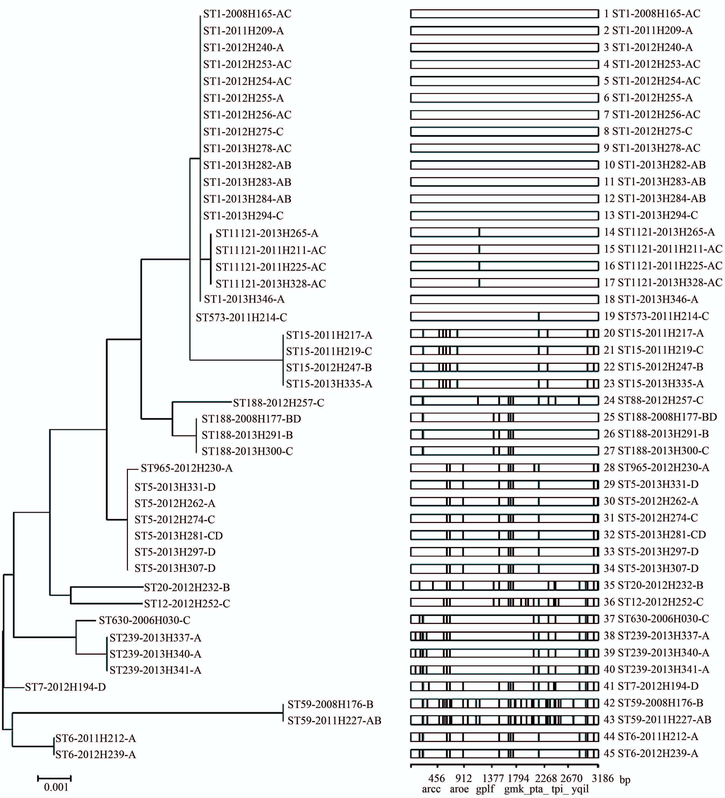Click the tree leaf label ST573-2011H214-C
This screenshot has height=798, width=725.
click(241, 317)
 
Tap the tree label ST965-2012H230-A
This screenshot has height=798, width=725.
click(187, 468)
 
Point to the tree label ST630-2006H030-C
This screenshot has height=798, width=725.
click(145, 620)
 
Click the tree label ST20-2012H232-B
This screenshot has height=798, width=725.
click(187, 587)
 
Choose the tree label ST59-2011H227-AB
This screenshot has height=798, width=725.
click(334, 721)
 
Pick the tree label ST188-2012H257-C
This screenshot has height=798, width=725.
click(278, 403)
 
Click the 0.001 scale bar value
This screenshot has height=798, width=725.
click(56, 787)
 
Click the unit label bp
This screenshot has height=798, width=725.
click(625, 780)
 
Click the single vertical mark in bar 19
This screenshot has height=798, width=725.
click(539, 316)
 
